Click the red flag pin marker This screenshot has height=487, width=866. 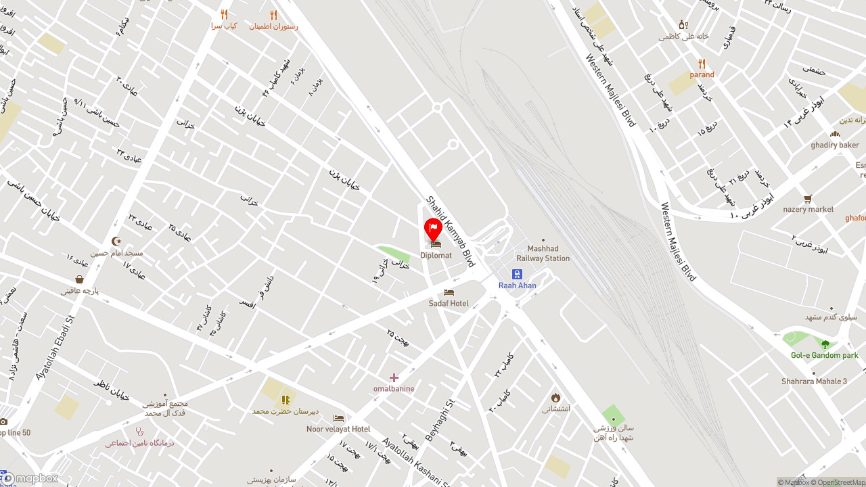tap(433, 229)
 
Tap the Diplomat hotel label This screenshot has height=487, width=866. tap(436, 256)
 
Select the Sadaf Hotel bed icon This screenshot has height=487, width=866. tap(449, 292)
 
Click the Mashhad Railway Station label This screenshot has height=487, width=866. tap(543, 253)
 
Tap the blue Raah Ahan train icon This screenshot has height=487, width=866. tap(517, 274)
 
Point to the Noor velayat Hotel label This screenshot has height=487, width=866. tap(338, 429)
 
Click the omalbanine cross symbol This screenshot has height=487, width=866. tap(394, 377)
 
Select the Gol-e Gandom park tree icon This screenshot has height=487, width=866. tap(825, 344)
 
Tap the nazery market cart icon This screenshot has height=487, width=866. tap(808, 199)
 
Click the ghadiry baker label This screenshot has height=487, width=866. tap(835, 145)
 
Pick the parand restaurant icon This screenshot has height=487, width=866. tap(702, 64)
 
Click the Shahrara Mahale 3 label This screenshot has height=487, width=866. tap(814, 381)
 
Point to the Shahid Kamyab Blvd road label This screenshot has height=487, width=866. tap(450, 231)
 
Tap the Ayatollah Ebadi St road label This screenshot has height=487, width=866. tap(53, 346)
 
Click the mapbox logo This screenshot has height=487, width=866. tap(30, 478)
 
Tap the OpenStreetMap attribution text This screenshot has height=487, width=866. tap(842, 482)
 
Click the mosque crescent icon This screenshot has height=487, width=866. tap(116, 241)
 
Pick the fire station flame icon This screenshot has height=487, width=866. tap(555, 397)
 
